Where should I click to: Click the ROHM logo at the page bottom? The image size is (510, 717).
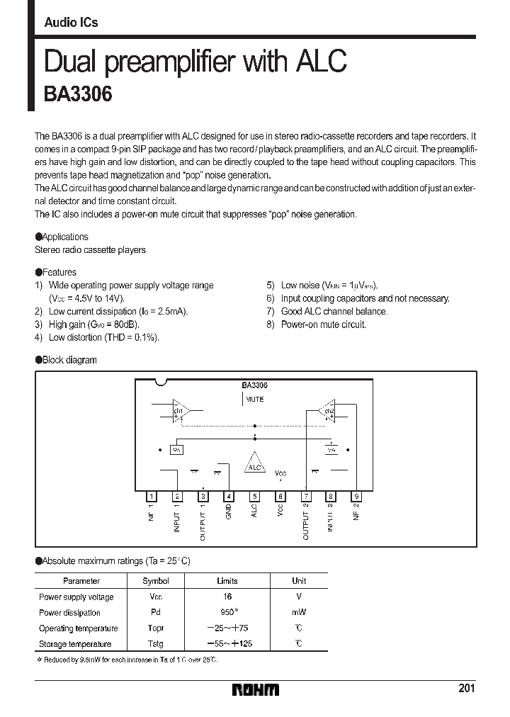point(256,689)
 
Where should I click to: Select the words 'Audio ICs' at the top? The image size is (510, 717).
point(71,23)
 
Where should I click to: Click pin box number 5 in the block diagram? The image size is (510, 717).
point(254,497)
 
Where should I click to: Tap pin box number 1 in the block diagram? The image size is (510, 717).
point(151,497)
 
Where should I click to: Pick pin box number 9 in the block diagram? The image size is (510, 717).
point(357,497)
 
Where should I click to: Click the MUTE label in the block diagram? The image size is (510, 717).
point(254,400)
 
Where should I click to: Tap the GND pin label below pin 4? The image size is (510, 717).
point(229,512)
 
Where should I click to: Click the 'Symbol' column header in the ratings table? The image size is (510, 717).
point(156,581)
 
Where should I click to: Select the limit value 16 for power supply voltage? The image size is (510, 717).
point(227,597)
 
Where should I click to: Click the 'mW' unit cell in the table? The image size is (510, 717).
point(299,612)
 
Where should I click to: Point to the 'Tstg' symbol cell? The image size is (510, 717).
point(156,644)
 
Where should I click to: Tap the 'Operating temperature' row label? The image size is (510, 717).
point(78,628)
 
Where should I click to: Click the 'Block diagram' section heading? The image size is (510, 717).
point(69,360)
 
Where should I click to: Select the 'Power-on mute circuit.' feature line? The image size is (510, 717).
point(323,324)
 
